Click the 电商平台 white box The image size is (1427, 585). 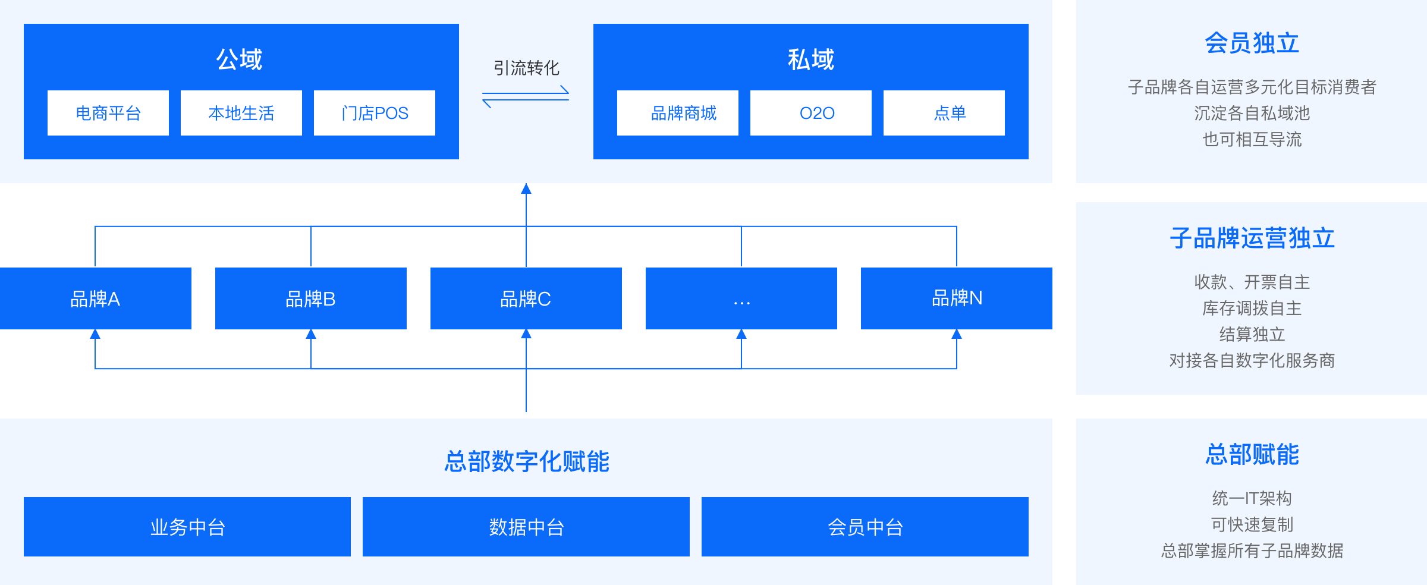click(x=108, y=113)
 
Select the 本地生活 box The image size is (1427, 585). click(x=241, y=113)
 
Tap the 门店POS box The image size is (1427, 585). click(x=375, y=113)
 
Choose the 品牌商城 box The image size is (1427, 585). click(x=678, y=113)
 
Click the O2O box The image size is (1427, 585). click(x=811, y=113)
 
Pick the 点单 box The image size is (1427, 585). click(x=944, y=113)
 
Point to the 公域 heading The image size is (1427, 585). click(x=239, y=59)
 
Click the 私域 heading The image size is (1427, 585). click(x=811, y=59)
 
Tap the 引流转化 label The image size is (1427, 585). click(x=526, y=68)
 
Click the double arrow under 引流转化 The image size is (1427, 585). click(x=526, y=97)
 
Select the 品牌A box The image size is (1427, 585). click(x=96, y=298)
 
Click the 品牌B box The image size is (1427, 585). click(x=311, y=298)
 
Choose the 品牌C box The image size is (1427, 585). click(x=526, y=298)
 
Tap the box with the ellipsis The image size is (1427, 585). click(x=741, y=298)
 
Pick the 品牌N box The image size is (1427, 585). click(x=957, y=298)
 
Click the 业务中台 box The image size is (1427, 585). click(x=187, y=527)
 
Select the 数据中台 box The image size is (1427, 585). click(x=526, y=527)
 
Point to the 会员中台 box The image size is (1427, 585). click(x=865, y=527)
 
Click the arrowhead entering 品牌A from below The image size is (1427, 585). click(x=95, y=334)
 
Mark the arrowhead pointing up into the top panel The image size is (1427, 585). click(x=526, y=188)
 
